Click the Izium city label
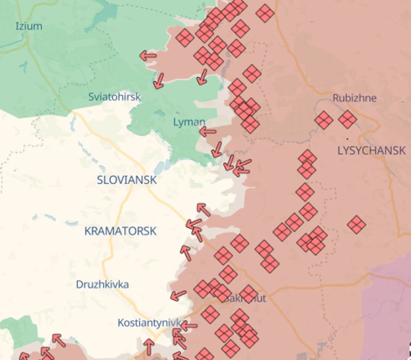29,26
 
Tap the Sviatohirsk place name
114,97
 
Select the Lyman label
189,122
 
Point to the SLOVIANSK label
127,180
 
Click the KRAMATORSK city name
120,231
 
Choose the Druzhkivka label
102,284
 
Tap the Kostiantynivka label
149,322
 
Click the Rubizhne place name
354,98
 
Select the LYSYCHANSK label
371,150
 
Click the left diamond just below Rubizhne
323,120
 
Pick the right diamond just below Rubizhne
347,119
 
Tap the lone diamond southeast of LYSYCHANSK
356,225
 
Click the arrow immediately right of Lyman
208,131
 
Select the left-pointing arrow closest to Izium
148,56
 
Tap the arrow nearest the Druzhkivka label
178,295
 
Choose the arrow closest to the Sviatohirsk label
158,81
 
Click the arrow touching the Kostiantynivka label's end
188,326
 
